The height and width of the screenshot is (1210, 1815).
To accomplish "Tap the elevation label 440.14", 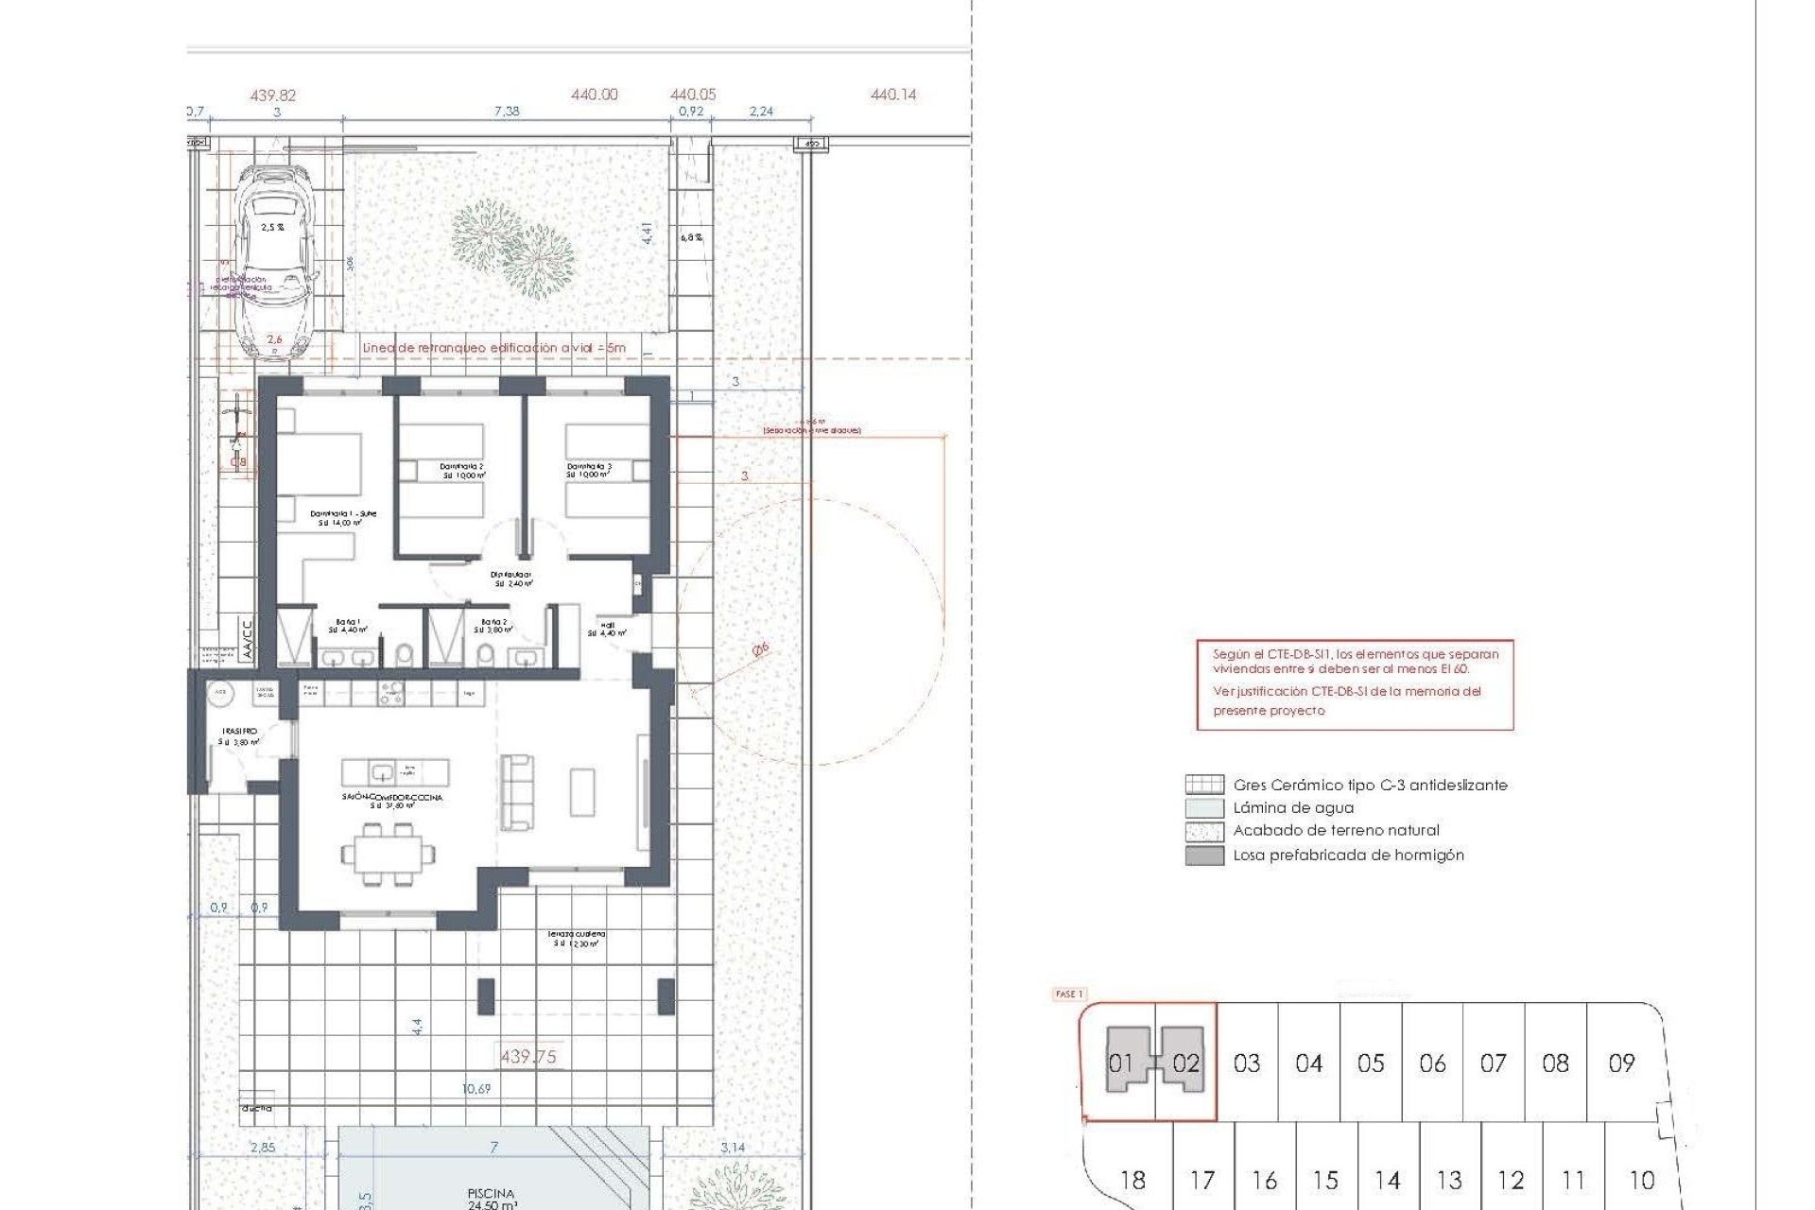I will pos(892,95).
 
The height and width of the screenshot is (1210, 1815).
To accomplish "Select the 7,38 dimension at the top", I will pos(507,112).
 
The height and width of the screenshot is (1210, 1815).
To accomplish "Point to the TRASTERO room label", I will pos(238,732).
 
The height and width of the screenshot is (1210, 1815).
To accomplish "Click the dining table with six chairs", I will pos(388,855).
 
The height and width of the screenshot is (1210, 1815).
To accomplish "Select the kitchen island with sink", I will pos(394,772).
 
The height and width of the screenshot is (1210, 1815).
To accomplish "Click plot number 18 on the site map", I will pos(1132,1180).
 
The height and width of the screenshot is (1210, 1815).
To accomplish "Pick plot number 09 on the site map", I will pos(1621,1063).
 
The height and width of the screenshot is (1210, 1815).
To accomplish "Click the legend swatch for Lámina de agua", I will pos(1204,808).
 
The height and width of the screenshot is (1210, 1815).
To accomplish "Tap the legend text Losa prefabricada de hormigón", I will pos(1348,856).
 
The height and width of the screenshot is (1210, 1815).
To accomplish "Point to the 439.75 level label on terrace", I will pos(527,1057).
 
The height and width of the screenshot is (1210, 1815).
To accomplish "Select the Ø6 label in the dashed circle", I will pos(760,649).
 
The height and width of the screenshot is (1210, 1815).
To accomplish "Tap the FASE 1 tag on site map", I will pos(1068,994).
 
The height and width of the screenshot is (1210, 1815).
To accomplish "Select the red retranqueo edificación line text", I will pos(493,348).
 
